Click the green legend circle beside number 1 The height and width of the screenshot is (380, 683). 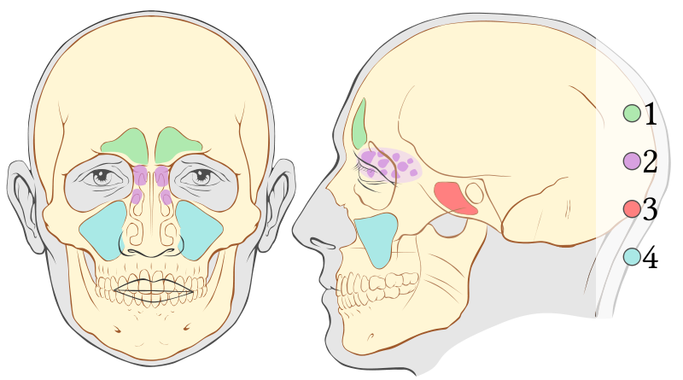pos(633,113)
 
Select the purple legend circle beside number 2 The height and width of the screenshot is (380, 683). pos(633,161)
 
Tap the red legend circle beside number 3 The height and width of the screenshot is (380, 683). pos(633,209)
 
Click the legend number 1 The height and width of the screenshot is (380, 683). pos(651,113)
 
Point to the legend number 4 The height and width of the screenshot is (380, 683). pos(651,257)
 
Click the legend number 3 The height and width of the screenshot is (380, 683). pos(651,209)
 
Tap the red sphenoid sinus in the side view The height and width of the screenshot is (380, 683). pos(455,198)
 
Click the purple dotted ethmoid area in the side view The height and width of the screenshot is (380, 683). pos(390,165)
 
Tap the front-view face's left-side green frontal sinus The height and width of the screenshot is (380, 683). pos(126,143)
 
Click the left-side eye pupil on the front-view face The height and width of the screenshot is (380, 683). pos(103,178)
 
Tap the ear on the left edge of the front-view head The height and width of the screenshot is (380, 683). pos(21,203)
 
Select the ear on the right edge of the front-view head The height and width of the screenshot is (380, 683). pos(280,203)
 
